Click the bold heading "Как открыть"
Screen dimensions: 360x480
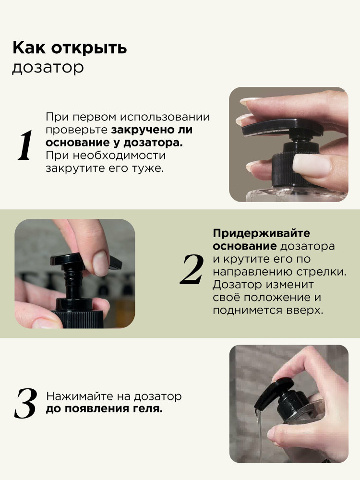click(x=70, y=48)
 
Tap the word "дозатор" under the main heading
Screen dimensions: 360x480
click(x=48, y=68)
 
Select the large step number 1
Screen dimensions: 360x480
click(x=25, y=145)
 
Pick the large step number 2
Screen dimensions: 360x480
click(x=192, y=269)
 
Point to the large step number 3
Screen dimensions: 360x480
click(x=25, y=403)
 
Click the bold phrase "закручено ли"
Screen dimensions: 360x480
click(x=152, y=130)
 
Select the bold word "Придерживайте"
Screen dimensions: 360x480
click(x=262, y=233)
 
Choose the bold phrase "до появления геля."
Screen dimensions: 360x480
click(x=104, y=409)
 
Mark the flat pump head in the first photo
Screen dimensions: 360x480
click(x=282, y=127)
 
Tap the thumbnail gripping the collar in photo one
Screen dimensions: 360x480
click(x=312, y=165)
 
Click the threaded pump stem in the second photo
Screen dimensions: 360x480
click(x=71, y=280)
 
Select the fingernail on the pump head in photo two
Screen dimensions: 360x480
click(x=100, y=263)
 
